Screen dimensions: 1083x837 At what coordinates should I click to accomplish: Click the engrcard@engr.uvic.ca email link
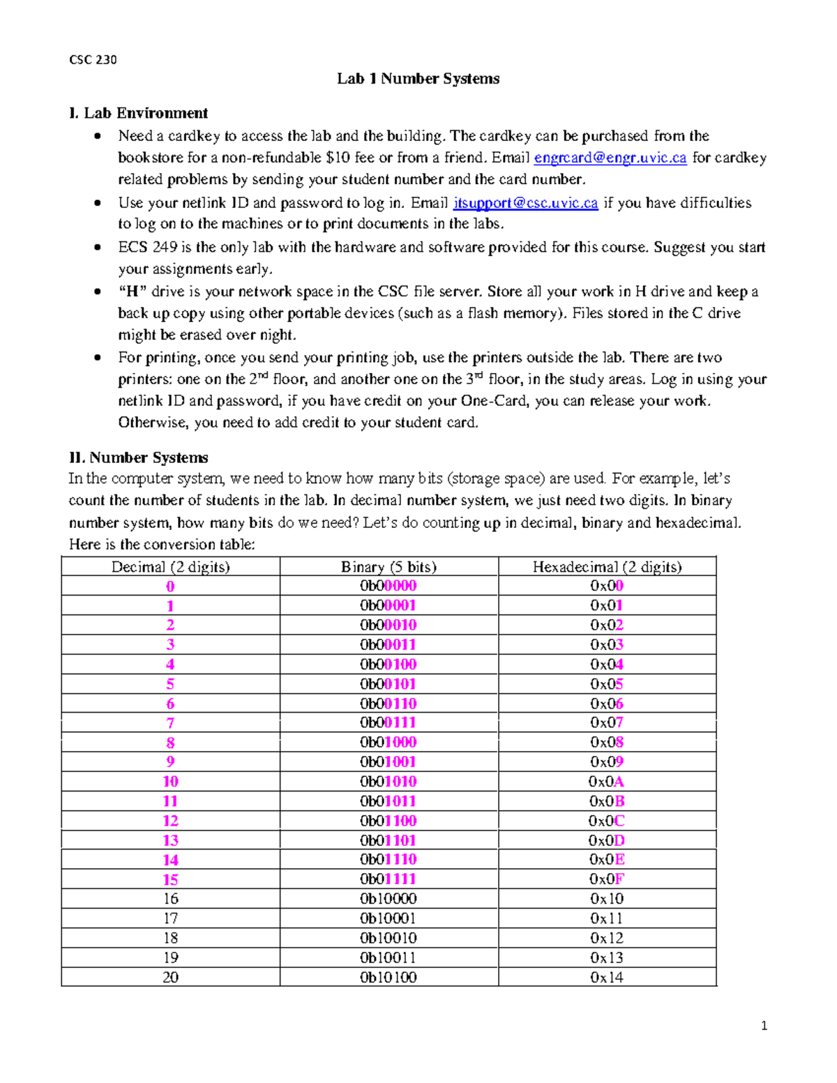click(x=610, y=158)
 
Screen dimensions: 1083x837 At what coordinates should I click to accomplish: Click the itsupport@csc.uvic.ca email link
click(x=525, y=203)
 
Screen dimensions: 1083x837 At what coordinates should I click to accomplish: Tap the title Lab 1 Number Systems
click(x=418, y=79)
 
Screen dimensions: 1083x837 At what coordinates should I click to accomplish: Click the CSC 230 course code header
click(x=93, y=60)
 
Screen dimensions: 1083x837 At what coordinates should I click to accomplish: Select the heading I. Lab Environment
click(x=138, y=113)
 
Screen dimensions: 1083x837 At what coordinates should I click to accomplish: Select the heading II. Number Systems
click(x=138, y=457)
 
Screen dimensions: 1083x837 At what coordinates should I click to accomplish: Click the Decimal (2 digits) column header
click(x=170, y=567)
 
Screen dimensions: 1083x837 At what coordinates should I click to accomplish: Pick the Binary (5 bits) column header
click(x=389, y=567)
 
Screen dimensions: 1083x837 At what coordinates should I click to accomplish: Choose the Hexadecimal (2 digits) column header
click(x=607, y=567)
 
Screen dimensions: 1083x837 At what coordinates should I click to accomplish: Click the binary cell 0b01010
click(x=389, y=782)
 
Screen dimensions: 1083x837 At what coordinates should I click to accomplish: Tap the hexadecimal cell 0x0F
click(x=607, y=879)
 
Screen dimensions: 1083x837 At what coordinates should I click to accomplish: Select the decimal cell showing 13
click(x=170, y=840)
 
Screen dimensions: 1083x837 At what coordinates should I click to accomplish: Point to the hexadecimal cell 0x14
click(x=607, y=977)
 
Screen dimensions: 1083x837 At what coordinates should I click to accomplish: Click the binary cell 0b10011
click(x=389, y=957)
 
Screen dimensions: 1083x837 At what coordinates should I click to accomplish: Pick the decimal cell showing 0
click(x=170, y=586)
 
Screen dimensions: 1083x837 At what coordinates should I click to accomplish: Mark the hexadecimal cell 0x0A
click(x=607, y=782)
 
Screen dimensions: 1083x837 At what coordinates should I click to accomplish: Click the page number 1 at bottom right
click(x=764, y=1025)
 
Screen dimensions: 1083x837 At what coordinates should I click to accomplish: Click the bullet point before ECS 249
click(x=98, y=248)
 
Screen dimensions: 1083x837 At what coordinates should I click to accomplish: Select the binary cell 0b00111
click(x=389, y=723)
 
